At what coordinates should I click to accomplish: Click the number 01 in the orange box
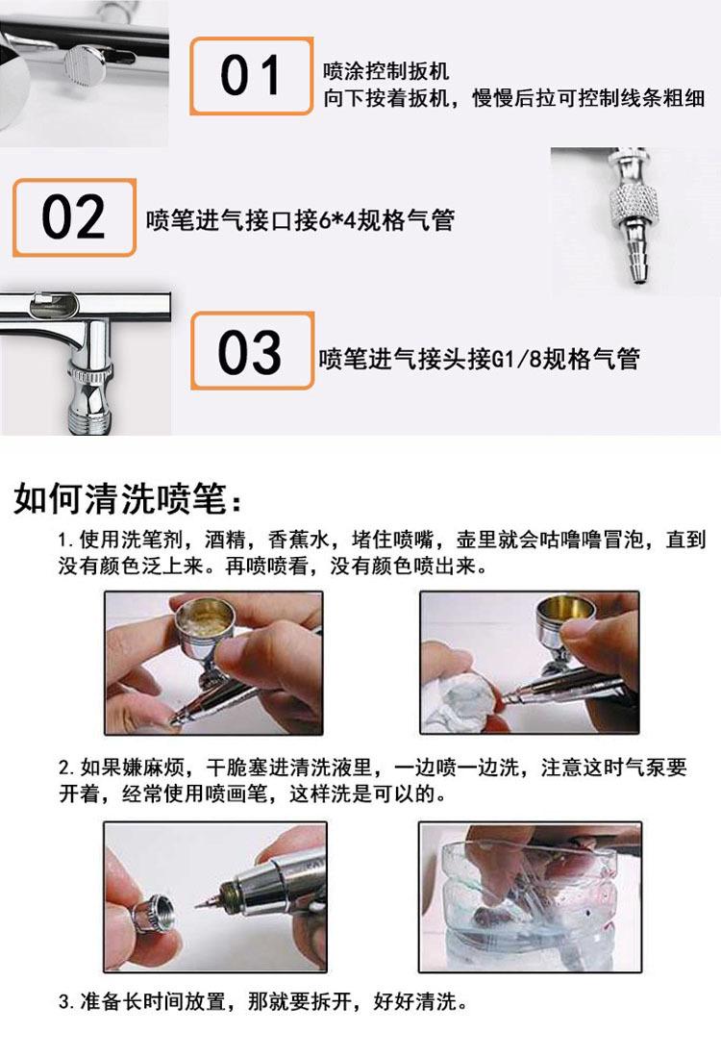(x=250, y=75)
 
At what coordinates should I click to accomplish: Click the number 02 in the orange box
(x=73, y=217)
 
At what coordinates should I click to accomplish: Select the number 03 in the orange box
(x=250, y=351)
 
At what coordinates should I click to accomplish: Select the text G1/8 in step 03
(x=516, y=359)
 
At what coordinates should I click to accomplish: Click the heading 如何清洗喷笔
(x=120, y=499)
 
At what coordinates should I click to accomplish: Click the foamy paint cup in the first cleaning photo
(x=205, y=619)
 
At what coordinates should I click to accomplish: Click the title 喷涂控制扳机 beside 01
(x=385, y=70)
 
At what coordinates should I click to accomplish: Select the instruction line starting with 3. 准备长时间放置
(x=263, y=1000)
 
